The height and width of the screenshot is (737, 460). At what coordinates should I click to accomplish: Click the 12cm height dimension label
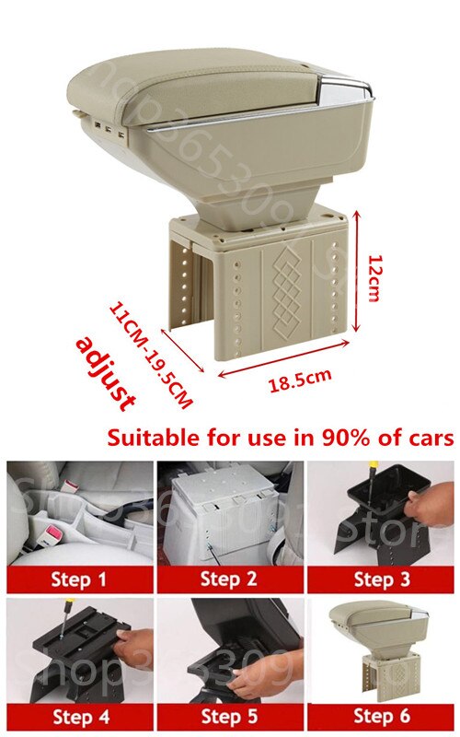374,277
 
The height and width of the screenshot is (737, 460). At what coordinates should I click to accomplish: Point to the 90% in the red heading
333,437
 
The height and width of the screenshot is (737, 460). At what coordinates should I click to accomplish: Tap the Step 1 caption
79,579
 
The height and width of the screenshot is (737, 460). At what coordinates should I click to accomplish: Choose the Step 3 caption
383,579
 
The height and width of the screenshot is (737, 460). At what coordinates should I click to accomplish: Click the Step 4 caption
79,717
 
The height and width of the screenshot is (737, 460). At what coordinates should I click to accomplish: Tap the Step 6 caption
383,717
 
